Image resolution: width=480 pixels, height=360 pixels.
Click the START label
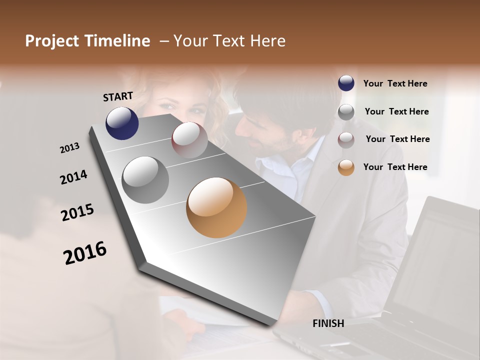click(x=118, y=96)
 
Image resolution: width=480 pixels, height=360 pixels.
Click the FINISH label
click(x=328, y=323)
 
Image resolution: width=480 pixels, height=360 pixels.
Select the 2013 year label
click(x=70, y=147)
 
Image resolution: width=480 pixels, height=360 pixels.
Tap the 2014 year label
click(x=73, y=177)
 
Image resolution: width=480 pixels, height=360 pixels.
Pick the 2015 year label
click(x=77, y=212)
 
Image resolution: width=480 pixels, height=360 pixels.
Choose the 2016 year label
click(x=85, y=253)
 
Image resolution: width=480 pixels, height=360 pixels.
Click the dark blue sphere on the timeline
click(x=122, y=123)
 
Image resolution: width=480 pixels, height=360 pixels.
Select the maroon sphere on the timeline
click(x=189, y=139)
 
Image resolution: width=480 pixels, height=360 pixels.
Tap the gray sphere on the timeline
click(x=145, y=179)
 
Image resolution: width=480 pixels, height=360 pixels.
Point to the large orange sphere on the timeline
click(x=216, y=207)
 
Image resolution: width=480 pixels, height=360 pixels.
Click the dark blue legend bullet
click(x=346, y=83)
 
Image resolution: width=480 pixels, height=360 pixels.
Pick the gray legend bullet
click(x=346, y=112)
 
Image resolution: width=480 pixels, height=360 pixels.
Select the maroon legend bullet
click(x=346, y=140)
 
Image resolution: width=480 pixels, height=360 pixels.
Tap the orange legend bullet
click(x=346, y=167)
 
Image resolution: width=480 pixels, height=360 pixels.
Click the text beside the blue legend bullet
click(x=395, y=83)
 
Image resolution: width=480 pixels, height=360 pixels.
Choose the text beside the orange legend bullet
click(x=395, y=167)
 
